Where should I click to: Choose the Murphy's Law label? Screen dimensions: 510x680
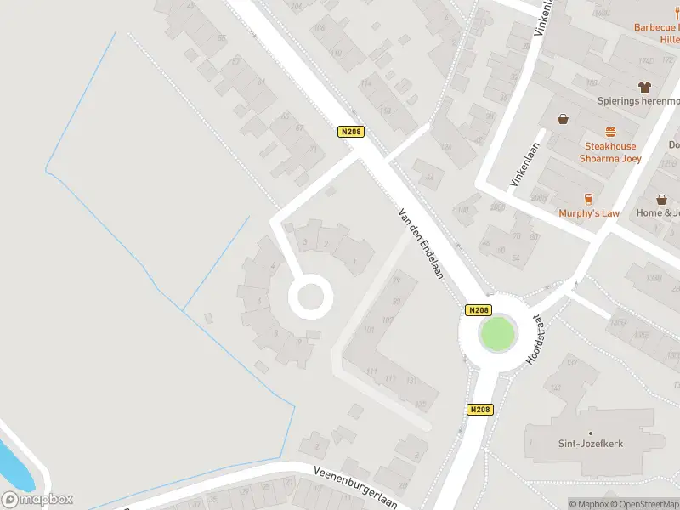(x=589, y=213)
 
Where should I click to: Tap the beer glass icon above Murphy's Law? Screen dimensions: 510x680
(x=562, y=200)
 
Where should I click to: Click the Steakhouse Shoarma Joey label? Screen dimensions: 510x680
(x=608, y=152)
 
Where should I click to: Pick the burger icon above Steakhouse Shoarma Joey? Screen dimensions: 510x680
(x=609, y=132)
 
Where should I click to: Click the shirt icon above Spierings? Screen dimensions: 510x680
(x=644, y=87)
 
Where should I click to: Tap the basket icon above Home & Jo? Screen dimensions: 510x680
(x=661, y=200)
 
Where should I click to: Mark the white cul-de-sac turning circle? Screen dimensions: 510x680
(x=308, y=297)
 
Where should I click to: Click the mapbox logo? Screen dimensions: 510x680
(x=38, y=499)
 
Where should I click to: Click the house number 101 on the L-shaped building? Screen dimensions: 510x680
(x=368, y=330)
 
